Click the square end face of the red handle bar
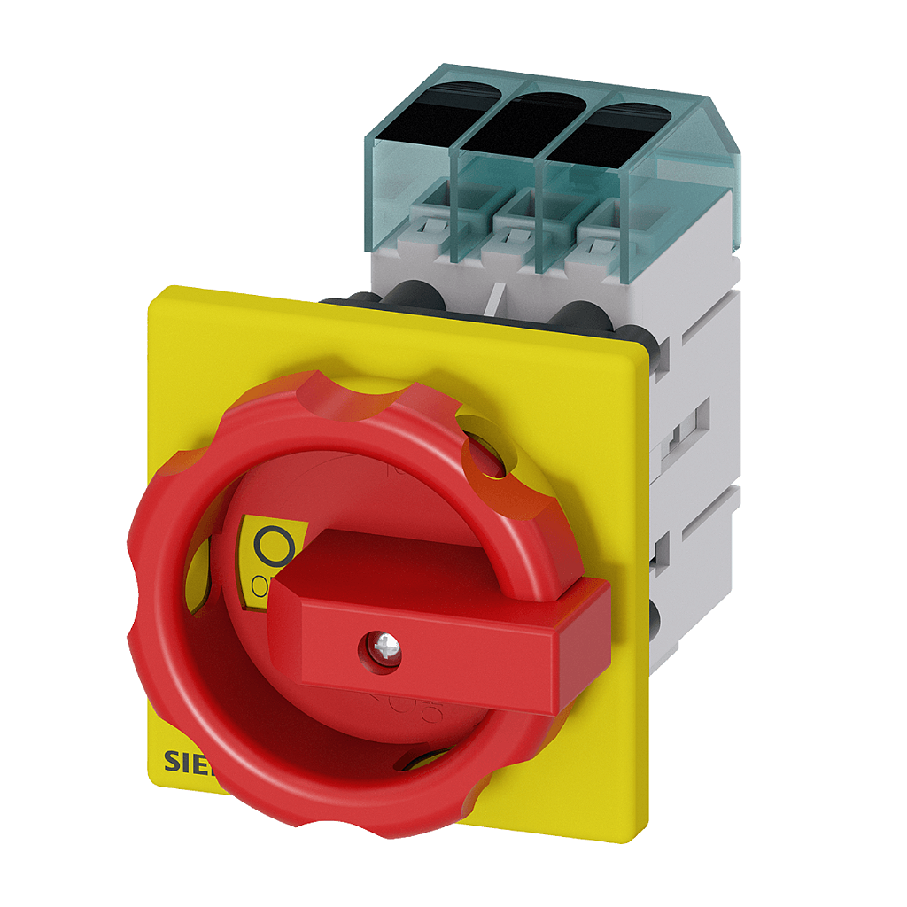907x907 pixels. (x=584, y=647)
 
